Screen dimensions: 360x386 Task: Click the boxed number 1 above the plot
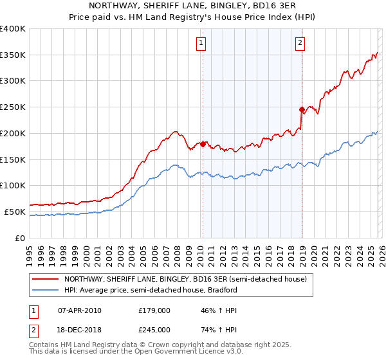[x=201, y=43]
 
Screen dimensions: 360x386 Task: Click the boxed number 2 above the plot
[x=300, y=43]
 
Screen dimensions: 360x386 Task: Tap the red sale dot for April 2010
[x=203, y=144]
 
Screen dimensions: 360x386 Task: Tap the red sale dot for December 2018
[x=302, y=109]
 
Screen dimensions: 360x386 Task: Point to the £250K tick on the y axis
[x=14, y=107]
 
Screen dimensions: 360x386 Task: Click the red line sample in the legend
[x=46, y=280]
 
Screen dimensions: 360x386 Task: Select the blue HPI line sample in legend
[x=46, y=290]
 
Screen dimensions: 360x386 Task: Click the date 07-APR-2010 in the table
[x=79, y=310]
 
